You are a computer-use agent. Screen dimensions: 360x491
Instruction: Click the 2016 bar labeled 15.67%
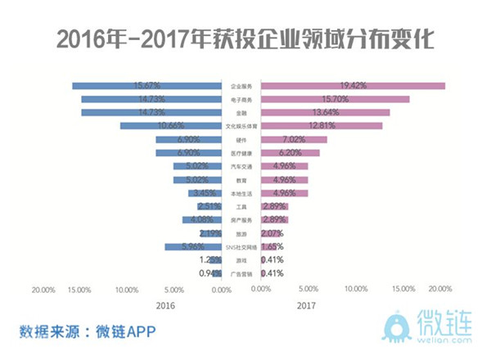147,85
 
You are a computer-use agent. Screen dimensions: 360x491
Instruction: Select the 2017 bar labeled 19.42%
354,85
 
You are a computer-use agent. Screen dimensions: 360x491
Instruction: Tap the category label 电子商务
241,99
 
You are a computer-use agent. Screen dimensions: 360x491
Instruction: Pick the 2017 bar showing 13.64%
326,112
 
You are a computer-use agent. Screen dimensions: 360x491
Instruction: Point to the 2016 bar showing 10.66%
170,126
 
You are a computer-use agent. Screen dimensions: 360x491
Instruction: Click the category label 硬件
241,139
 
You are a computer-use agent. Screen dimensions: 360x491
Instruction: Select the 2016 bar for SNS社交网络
193,246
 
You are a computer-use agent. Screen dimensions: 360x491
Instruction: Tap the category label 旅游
241,233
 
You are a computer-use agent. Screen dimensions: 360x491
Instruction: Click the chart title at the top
245,38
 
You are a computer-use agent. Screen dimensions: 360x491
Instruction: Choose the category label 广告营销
241,273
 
